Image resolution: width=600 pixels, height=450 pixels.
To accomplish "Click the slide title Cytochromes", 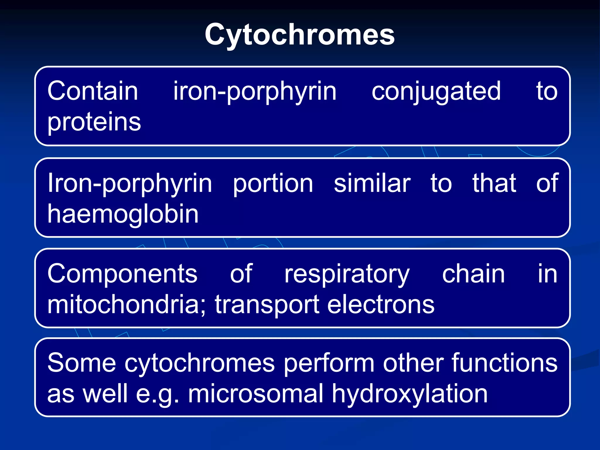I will point(299,35).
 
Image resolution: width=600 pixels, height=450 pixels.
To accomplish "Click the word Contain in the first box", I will point(93,91).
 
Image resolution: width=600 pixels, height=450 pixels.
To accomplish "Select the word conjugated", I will point(436,92).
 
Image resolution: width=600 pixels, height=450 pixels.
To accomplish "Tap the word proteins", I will point(94,122).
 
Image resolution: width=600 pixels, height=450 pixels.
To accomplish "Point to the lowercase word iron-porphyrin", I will point(255,92).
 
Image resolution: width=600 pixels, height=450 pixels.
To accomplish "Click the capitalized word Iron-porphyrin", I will point(130,183).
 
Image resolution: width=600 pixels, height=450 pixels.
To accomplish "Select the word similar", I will point(372,183).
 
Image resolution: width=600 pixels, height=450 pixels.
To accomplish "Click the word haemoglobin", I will point(123,214).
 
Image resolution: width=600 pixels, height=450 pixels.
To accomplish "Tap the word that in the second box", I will point(494,183).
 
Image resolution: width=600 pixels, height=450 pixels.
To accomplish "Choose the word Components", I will point(122,274).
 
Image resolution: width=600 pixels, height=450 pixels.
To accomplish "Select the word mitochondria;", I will point(127,304).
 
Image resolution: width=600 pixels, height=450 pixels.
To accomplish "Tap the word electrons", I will point(381,305).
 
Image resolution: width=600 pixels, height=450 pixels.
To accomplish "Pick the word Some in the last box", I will point(82,363).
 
